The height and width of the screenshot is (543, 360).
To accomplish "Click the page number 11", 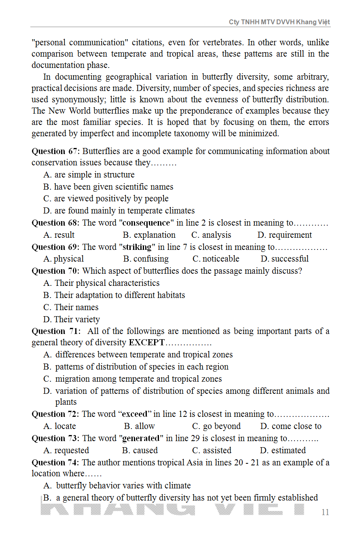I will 325,512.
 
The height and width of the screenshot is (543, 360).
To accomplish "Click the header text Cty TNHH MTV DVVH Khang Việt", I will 280,22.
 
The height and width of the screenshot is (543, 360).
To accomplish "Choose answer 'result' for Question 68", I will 64,235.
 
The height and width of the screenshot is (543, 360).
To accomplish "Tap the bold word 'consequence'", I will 146,223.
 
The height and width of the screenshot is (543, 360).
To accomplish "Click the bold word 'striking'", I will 136,247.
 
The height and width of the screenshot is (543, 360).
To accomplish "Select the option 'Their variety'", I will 77,319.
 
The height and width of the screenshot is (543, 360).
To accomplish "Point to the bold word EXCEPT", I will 147,342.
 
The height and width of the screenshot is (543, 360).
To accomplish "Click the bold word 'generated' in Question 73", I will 141,438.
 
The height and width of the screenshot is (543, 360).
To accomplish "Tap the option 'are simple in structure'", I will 94,175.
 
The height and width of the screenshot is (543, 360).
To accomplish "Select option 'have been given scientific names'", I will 113,187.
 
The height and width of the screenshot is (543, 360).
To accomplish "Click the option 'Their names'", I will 76,307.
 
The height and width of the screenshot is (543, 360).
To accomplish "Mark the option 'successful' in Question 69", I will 290,259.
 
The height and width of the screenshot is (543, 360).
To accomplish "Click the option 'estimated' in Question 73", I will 288,450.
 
